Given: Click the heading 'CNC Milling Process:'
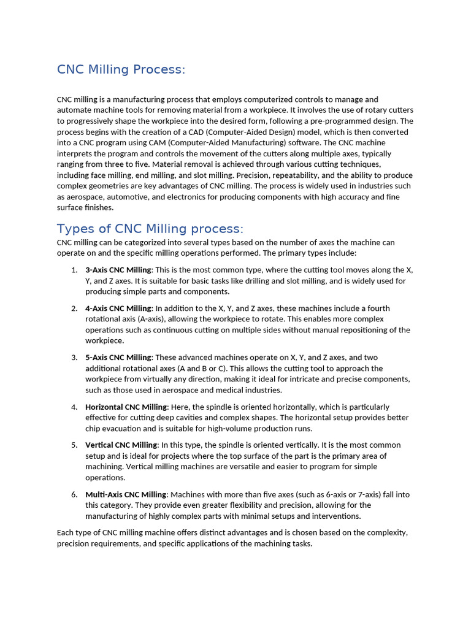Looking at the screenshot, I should click(x=121, y=69).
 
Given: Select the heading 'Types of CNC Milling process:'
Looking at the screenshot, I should click(x=150, y=229).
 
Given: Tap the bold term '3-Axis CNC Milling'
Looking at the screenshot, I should click(x=118, y=270).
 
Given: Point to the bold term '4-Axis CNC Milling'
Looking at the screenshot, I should click(x=118, y=308).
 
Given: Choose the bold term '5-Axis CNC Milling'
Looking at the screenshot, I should click(x=118, y=358).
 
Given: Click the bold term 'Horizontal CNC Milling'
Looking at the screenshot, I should click(x=126, y=407).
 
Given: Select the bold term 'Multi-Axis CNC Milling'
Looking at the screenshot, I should click(x=126, y=494).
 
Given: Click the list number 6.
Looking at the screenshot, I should click(x=74, y=494).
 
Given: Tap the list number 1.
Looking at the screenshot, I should click(x=74, y=270).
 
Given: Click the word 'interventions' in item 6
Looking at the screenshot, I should click(x=336, y=516).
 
